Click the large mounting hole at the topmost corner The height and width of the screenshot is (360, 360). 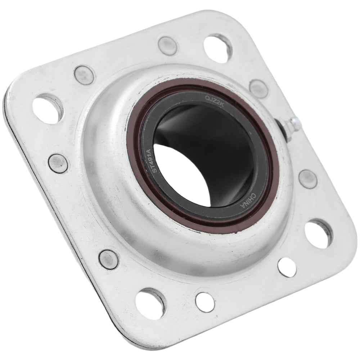point(218,48)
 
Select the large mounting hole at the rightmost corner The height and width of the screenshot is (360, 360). point(318,233)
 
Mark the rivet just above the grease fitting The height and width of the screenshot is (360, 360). point(258,89)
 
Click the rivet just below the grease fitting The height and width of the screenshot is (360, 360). point(308,179)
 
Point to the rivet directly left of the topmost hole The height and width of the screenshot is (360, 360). point(167,46)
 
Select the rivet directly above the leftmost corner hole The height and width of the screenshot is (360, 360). point(84,75)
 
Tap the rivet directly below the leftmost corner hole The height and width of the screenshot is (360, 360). point(58,163)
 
